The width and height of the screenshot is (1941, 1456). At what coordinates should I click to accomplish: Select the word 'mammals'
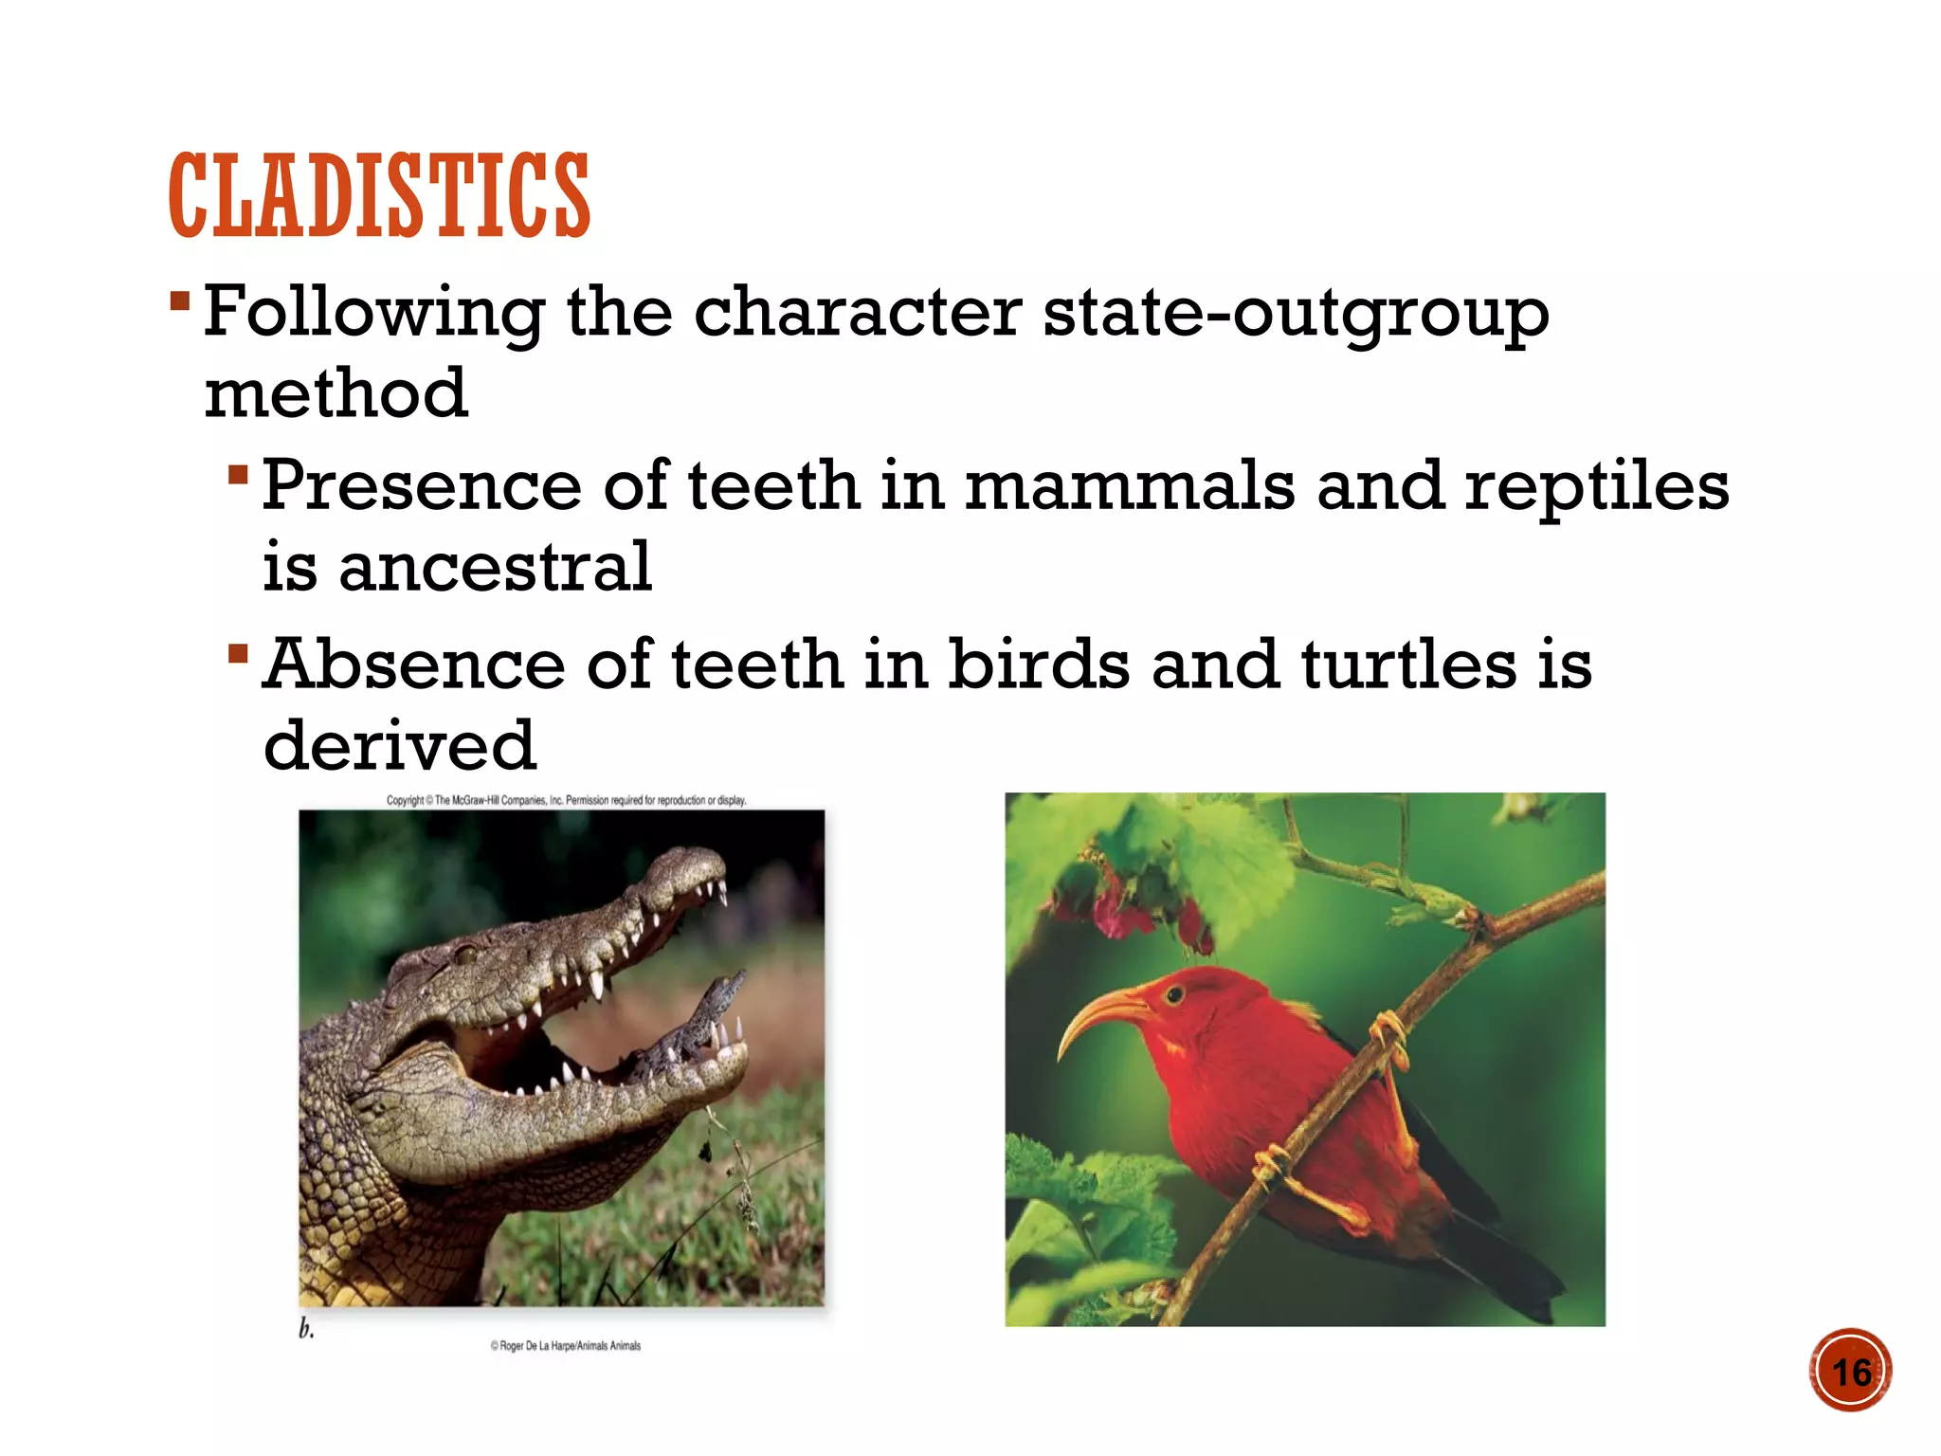pos(1129,485)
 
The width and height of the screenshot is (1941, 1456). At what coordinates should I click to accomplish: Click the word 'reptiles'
pos(1597,487)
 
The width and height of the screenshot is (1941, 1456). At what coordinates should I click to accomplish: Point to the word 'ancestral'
pos(495,567)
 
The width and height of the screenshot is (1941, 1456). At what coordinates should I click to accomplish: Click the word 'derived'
pos(399,745)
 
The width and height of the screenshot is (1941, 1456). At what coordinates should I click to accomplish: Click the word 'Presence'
pos(421,485)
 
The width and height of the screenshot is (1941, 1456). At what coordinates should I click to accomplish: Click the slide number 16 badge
pos(1850,1371)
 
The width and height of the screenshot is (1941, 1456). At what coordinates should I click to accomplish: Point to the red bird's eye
pos(1174,994)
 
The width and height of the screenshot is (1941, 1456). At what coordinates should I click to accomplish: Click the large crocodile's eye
pos(465,954)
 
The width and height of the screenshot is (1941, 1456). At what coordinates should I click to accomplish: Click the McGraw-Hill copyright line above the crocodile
pos(566,800)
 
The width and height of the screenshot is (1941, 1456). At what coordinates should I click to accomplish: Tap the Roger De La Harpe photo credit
pos(565,1345)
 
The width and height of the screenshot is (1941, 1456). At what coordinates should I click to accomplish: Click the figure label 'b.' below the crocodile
pos(306,1329)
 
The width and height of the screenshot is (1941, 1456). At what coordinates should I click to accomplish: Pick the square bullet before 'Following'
pos(180,302)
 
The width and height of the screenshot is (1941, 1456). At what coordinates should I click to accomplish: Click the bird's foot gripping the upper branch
pos(1388,1037)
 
